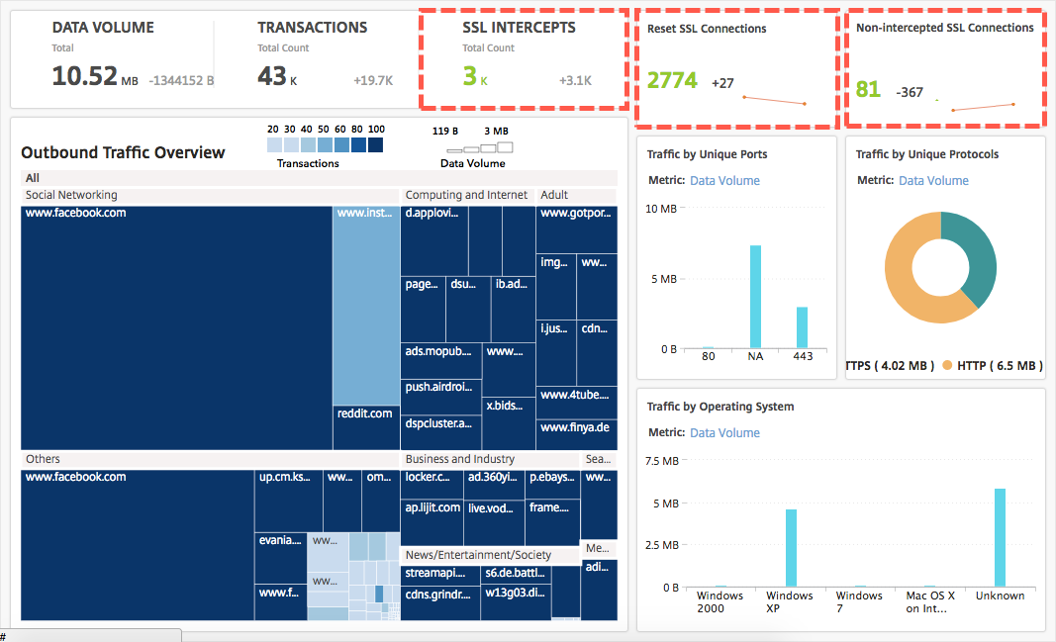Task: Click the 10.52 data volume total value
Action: (84, 76)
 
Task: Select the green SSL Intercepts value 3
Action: (469, 76)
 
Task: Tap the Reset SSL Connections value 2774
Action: (672, 81)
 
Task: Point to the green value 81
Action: (868, 90)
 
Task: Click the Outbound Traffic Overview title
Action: (123, 152)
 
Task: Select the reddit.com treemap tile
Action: (365, 413)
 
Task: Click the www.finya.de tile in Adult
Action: (575, 427)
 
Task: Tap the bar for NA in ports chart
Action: (755, 297)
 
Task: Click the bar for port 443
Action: (802, 327)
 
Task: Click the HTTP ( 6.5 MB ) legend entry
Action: (992, 366)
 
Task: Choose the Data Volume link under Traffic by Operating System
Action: (724, 433)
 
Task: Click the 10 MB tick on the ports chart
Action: (660, 209)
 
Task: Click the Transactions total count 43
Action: (272, 76)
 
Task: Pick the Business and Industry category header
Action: (460, 459)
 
